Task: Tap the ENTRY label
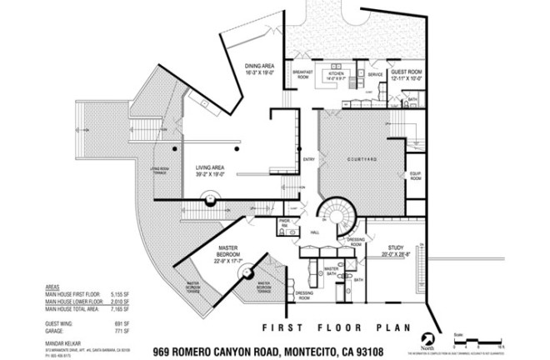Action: coord(308,159)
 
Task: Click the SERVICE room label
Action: coord(376,74)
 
